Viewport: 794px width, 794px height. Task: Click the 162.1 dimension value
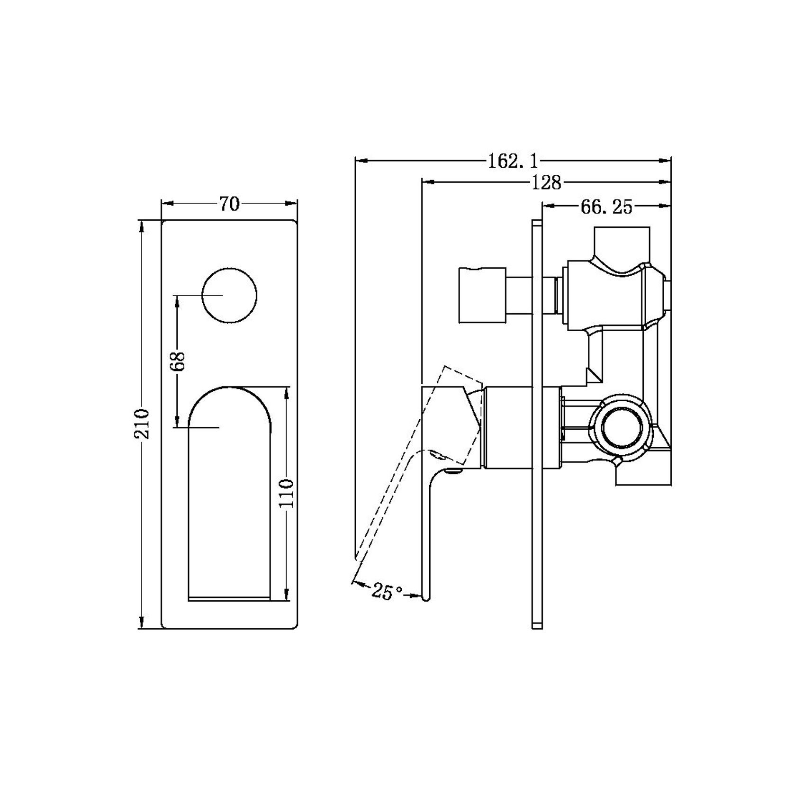click(514, 162)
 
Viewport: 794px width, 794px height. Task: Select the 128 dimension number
click(546, 182)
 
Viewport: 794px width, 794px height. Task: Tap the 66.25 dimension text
click(606, 207)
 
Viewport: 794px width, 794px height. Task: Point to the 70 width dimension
click(229, 204)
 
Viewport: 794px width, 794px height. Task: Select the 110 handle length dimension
click(286, 493)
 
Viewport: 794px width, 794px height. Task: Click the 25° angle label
click(387, 592)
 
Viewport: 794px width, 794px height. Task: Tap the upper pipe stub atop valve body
click(622, 242)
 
